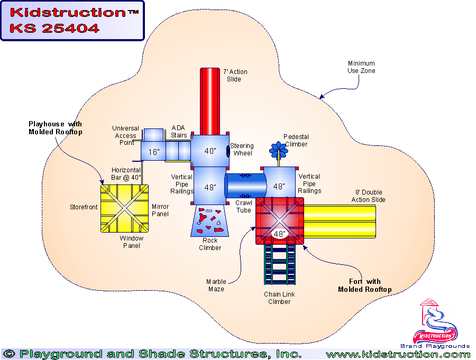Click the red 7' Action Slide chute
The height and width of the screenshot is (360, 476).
pos(210,100)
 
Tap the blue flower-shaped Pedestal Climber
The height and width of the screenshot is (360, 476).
pos(278,150)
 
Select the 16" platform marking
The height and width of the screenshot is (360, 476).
pos(154,152)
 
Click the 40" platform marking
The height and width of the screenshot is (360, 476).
pos(210,151)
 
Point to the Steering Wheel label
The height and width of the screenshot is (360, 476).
pos(243,150)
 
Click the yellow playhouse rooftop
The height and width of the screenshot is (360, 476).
pos(124,208)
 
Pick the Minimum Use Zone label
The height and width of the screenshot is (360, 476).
pos(361,67)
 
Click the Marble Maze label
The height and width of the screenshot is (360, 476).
pos(216,285)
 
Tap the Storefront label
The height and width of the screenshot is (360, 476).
pos(84,207)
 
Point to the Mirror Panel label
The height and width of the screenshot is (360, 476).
pos(160,210)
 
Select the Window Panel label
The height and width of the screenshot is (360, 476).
pos(132,242)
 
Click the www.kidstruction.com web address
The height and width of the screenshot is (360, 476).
pos(398,354)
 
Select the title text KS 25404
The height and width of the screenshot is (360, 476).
pos(54,29)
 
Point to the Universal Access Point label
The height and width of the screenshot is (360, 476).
pos(125,135)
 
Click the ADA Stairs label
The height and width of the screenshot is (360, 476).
pos(179,132)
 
